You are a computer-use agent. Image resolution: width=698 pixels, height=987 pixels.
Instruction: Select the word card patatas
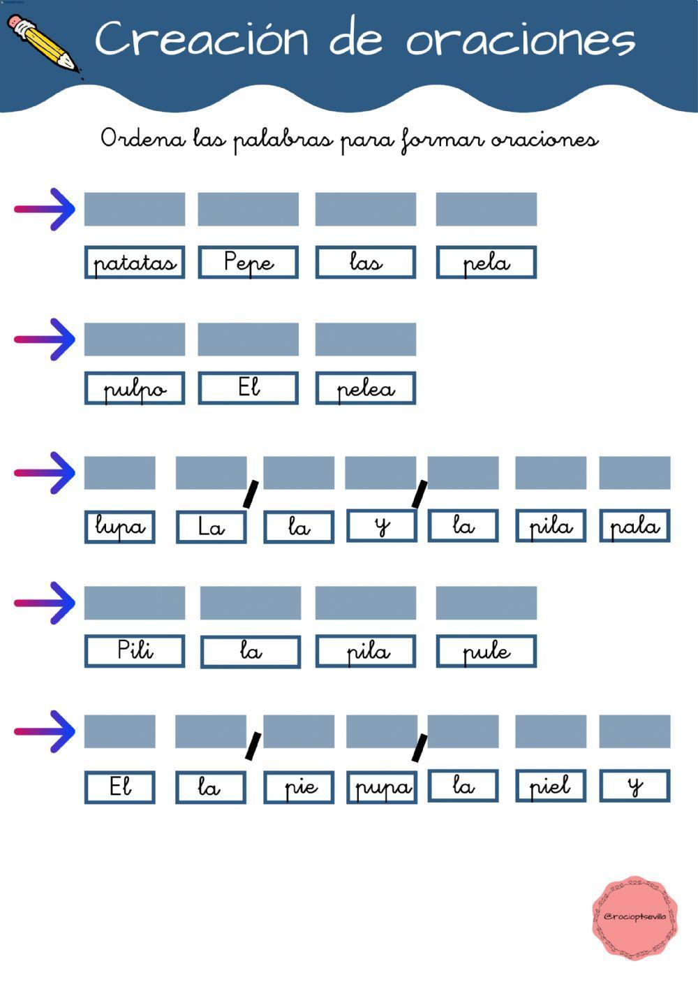135,263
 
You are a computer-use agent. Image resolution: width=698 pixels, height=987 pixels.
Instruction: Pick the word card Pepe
248,263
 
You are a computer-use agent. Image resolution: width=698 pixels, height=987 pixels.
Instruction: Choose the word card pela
487,263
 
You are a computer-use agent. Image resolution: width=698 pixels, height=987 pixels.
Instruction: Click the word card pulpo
135,388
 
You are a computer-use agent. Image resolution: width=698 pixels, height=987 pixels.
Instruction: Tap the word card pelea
366,388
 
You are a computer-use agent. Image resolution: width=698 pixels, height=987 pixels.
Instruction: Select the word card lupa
120,527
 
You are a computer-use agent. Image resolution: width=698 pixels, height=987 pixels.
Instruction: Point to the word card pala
634,527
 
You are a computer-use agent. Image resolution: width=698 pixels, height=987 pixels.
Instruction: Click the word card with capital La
211,527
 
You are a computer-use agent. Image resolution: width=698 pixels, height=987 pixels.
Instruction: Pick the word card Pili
135,651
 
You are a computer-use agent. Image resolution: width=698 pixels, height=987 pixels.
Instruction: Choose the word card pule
487,651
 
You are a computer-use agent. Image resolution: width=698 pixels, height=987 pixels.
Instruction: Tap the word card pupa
382,787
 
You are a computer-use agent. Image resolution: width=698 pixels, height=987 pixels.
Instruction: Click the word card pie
299,787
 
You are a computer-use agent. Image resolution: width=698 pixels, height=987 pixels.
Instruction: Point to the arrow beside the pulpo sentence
45,339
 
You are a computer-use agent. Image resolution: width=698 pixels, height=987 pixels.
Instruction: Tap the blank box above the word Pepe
248,210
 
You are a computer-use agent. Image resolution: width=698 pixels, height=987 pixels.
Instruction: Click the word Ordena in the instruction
143,138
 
